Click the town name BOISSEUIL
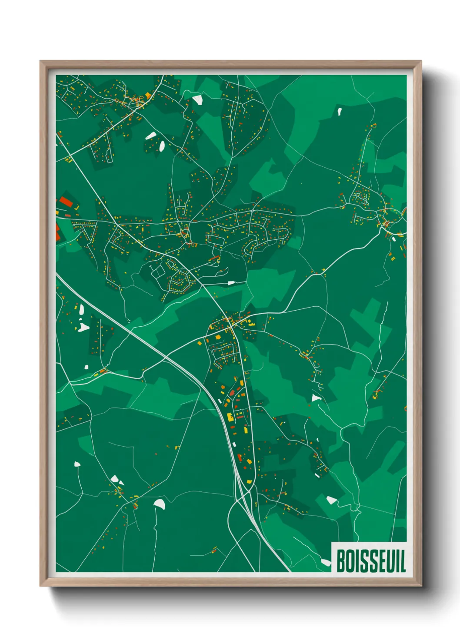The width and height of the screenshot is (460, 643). (371, 560)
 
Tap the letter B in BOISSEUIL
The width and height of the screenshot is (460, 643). (341, 560)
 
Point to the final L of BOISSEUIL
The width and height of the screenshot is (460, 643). (403, 560)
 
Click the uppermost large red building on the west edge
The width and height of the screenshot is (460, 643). (66, 202)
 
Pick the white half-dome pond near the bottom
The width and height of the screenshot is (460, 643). (160, 504)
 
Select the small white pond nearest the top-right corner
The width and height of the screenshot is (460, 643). (339, 111)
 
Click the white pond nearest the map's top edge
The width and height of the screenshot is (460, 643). (197, 99)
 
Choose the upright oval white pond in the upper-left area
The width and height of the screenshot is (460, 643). (162, 146)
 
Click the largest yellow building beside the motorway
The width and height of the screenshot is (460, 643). (230, 417)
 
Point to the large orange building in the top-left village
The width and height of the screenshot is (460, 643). (148, 95)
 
